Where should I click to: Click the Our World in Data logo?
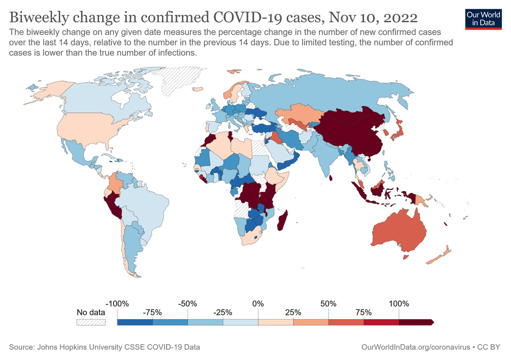coord(483,18)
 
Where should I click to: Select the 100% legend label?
coord(399,303)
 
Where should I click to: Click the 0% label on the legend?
coord(258,303)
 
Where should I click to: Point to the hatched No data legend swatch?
coord(91,322)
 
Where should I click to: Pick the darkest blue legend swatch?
coord(134,322)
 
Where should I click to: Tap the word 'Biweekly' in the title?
coord(42,18)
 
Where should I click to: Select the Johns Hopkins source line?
coord(104,347)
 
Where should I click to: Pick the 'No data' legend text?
coord(91,313)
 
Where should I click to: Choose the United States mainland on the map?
coord(87,128)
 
